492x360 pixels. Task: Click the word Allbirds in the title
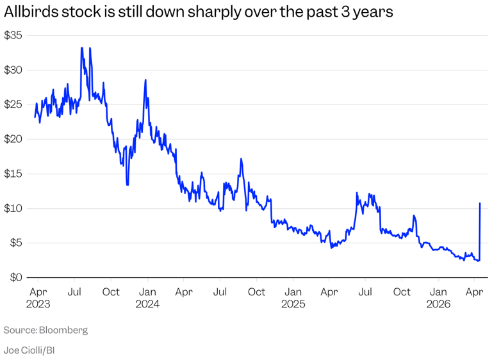[x=30, y=13]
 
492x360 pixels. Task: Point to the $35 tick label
[x=13, y=35]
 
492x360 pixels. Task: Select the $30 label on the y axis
[x=13, y=70]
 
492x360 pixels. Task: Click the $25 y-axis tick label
[x=13, y=104]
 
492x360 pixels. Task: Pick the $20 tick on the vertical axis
[x=13, y=139]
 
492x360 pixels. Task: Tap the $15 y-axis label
[x=13, y=174]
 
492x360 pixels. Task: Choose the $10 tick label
[x=13, y=208]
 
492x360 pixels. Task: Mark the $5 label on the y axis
[x=16, y=243]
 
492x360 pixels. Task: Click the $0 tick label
[x=16, y=277]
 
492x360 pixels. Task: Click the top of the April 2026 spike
[x=480, y=204]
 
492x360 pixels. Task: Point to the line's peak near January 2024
[x=146, y=80]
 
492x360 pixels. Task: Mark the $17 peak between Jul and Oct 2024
[x=241, y=159]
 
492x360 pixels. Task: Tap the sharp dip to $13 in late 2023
[x=127, y=184]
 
